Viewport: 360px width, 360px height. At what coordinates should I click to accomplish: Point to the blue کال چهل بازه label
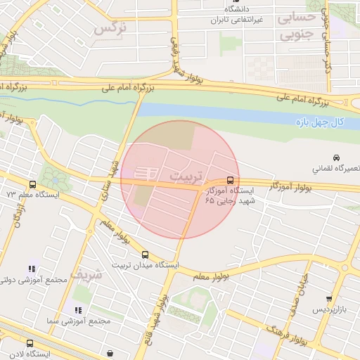click(319, 123)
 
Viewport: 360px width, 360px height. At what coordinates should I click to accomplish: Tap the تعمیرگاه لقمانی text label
click(333, 169)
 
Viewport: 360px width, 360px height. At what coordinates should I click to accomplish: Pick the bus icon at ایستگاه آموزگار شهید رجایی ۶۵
click(231, 179)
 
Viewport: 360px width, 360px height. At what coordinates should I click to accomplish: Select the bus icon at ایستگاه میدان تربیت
click(145, 255)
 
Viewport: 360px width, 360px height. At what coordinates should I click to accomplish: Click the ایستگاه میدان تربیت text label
click(145, 266)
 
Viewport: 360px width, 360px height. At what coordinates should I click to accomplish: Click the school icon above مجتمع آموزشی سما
click(78, 309)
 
